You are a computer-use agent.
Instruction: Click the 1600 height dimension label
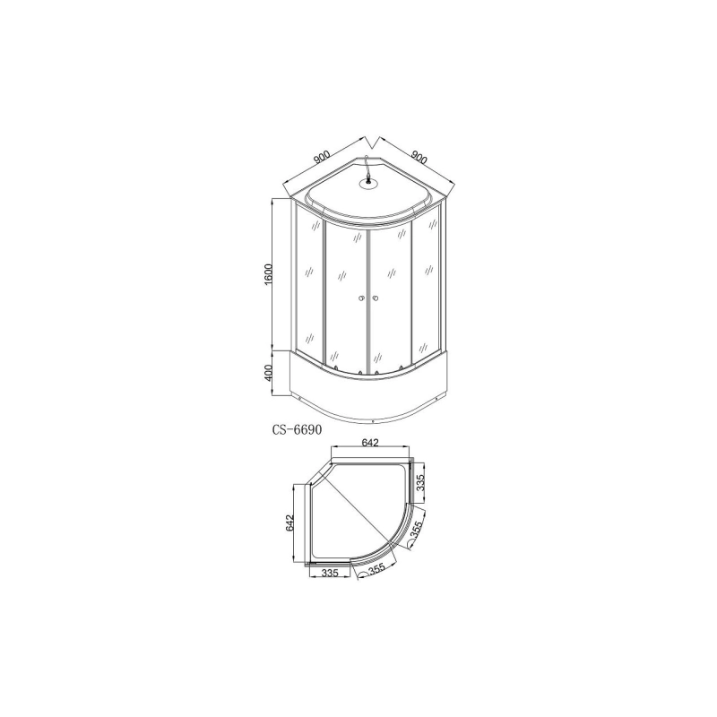(x=267, y=275)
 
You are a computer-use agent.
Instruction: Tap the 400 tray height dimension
(x=267, y=373)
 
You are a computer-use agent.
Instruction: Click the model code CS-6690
(x=297, y=428)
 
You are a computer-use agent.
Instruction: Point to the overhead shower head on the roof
(x=367, y=185)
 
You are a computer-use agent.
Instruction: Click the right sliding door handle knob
(x=376, y=298)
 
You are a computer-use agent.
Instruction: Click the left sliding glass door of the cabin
(x=345, y=296)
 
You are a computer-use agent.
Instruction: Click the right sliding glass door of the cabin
(x=391, y=296)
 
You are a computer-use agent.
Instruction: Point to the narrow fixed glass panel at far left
(x=308, y=287)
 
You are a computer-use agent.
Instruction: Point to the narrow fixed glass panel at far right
(x=428, y=287)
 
